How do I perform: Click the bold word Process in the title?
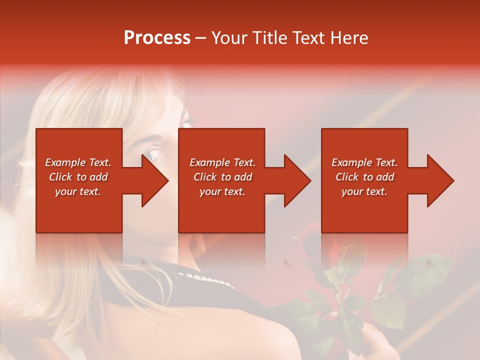pos(157,38)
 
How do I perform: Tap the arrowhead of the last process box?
pos(439,180)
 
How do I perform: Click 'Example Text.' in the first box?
pos(78,162)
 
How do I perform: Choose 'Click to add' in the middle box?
pos(222,177)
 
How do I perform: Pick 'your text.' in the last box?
pos(364,191)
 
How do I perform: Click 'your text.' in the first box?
pos(78,191)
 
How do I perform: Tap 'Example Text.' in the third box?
pos(364,162)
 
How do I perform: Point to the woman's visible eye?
pos(154,151)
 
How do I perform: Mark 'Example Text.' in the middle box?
pos(222,162)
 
